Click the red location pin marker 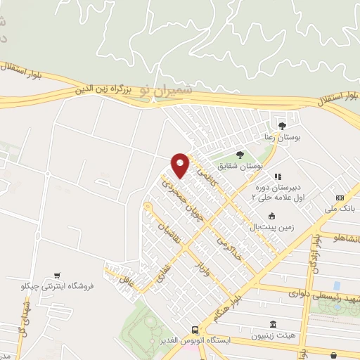[181, 165]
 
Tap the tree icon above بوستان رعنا [282, 126]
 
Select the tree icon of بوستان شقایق [240, 154]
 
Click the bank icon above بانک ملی [340, 198]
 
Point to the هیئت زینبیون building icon [272, 323]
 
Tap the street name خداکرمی [228, 247]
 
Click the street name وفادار [200, 266]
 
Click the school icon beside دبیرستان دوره [278, 176]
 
